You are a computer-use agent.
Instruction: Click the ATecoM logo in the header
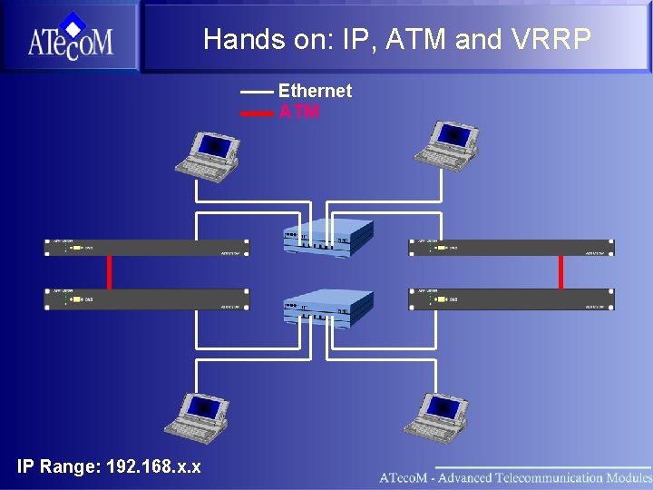pyautogui.click(x=70, y=36)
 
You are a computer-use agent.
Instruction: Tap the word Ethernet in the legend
pyautogui.click(x=315, y=91)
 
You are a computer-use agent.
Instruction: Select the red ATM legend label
pyautogui.click(x=298, y=113)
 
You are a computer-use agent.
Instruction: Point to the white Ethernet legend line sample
pyautogui.click(x=257, y=92)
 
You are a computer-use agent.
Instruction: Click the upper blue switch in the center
pyautogui.click(x=327, y=237)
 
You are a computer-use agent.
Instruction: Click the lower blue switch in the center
pyautogui.click(x=327, y=309)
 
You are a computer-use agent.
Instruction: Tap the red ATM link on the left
pyautogui.click(x=110, y=271)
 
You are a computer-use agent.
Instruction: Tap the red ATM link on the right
pyautogui.click(x=562, y=271)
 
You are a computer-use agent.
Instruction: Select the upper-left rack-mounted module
pyautogui.click(x=147, y=247)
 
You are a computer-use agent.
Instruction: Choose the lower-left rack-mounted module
pyautogui.click(x=147, y=299)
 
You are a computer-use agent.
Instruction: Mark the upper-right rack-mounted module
pyautogui.click(x=512, y=247)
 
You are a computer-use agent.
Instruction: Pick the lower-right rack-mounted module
pyautogui.click(x=512, y=299)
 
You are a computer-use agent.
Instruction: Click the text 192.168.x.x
pyautogui.click(x=153, y=467)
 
